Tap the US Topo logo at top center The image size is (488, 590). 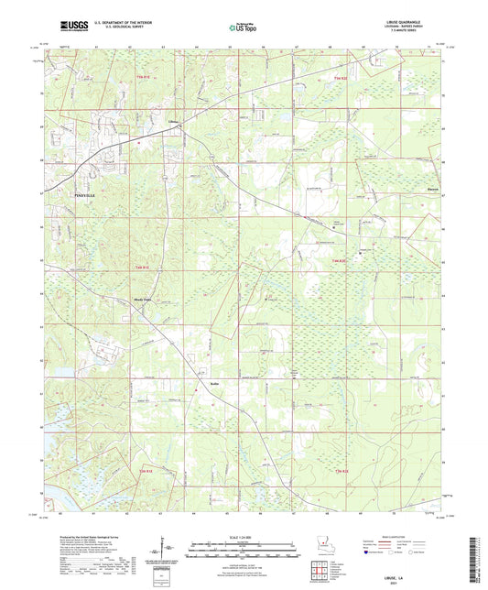(x=243, y=28)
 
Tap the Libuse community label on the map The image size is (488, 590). (x=172, y=120)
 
